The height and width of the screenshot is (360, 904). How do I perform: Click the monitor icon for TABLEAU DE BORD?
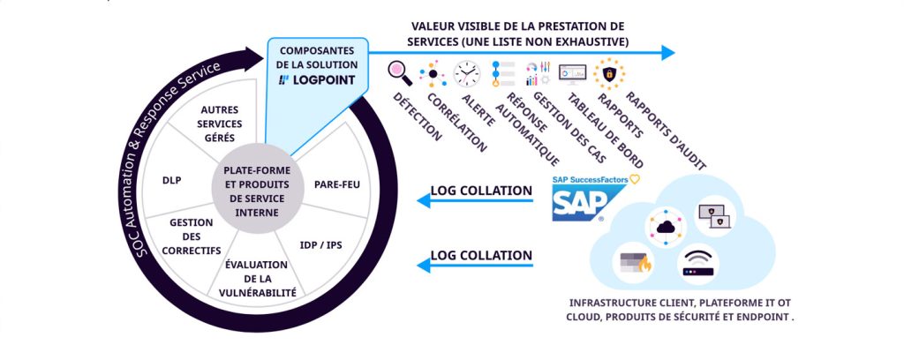[x=572, y=73]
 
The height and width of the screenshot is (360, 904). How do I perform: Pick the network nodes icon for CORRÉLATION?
[x=433, y=73]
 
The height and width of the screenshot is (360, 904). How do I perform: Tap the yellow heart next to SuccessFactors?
[x=634, y=179]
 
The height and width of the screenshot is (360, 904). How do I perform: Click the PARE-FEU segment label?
[x=335, y=184]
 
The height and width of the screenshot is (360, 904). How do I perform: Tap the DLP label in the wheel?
[x=172, y=180]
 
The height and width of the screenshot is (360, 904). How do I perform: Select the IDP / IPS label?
[x=321, y=244]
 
